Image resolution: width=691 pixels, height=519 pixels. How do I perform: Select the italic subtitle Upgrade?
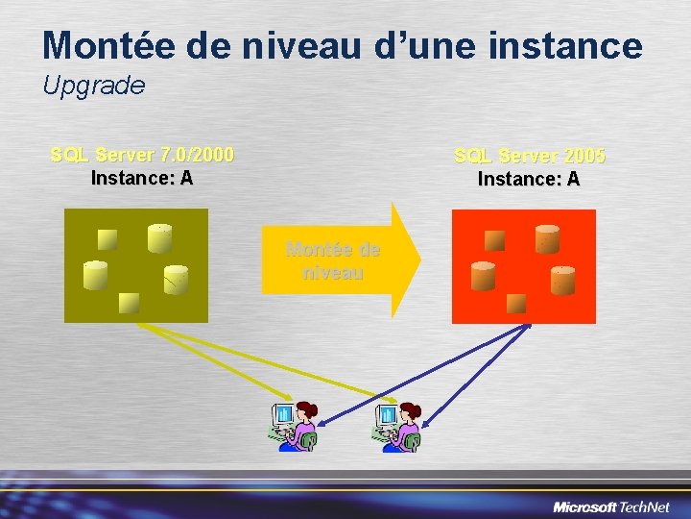(94, 86)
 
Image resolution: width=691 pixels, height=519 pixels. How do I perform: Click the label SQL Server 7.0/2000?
(142, 155)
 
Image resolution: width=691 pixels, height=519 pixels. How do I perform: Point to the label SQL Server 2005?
(530, 156)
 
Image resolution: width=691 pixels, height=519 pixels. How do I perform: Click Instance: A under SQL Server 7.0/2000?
(142, 178)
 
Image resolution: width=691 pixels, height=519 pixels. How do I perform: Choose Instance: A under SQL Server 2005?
(529, 179)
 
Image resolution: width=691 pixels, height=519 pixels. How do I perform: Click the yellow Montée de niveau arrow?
(341, 260)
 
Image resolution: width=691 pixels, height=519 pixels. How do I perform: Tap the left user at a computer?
(293, 426)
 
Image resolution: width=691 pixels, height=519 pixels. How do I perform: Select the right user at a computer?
(397, 426)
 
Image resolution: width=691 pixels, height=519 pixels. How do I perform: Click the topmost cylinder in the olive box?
(159, 237)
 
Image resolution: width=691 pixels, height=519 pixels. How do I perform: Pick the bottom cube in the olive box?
(130, 303)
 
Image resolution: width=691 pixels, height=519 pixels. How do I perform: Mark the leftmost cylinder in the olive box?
(95, 276)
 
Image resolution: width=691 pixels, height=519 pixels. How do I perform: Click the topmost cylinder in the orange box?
(547, 238)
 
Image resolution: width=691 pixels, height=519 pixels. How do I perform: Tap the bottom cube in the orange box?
(516, 303)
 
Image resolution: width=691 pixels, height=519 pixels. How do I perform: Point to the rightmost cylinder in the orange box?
(562, 281)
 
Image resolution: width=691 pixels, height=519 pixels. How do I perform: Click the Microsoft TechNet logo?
(612, 506)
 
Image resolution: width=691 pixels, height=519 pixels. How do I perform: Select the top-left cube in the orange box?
(494, 240)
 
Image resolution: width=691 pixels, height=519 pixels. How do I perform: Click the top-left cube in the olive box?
(107, 239)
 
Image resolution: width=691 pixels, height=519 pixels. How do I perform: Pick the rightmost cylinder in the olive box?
(176, 280)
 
